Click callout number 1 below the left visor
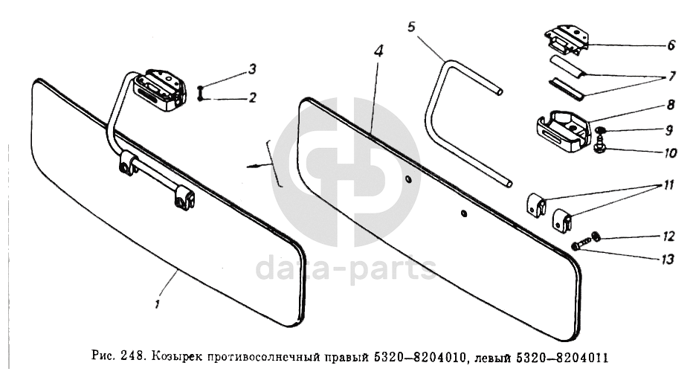pos(157,304)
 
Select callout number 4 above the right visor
pos(378,51)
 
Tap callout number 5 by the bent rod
pos(411,27)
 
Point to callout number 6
pos(671,45)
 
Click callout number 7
pos(671,77)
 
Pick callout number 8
pos(671,105)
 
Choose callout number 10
pos(670,153)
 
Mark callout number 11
pos(668,184)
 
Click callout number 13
pos(668,259)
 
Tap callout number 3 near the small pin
pos(252,69)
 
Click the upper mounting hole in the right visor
pos(407,178)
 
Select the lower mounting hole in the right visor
pos(463,213)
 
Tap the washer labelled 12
pos(596,237)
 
